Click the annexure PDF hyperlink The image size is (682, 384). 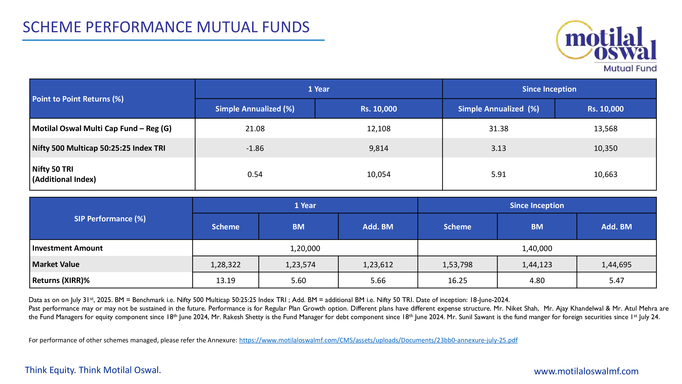(x=378, y=340)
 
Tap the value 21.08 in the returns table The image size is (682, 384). (x=255, y=129)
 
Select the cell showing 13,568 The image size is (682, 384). (x=605, y=129)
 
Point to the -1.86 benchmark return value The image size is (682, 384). (x=255, y=148)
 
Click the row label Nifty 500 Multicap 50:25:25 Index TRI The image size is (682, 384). (x=99, y=148)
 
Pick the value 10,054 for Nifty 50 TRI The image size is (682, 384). (x=378, y=174)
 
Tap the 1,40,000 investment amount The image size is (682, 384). (x=537, y=248)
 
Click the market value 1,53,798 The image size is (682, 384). (x=457, y=265)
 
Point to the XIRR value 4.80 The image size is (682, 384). (x=537, y=280)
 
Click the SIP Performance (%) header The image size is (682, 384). (x=110, y=219)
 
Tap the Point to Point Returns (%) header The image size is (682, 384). (x=78, y=99)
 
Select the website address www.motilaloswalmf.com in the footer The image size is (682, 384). (x=586, y=371)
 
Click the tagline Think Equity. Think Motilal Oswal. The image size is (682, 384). (x=93, y=370)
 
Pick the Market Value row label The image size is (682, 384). (x=56, y=264)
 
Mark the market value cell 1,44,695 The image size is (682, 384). (x=616, y=265)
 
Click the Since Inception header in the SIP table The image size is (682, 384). (x=537, y=205)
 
